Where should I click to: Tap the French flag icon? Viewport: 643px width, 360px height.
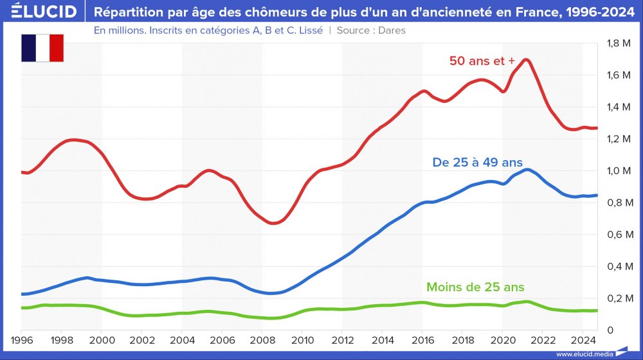(42, 48)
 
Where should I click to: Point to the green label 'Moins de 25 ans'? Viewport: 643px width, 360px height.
(480, 287)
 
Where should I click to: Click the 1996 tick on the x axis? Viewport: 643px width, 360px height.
(22, 339)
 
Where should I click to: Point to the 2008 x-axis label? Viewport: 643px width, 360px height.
(262, 339)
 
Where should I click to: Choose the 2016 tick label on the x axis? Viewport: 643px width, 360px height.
(422, 339)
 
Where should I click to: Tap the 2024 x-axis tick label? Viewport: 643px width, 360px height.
(581, 339)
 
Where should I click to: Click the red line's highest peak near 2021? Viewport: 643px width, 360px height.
(526, 60)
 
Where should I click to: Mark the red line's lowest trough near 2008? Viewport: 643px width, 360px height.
(273, 223)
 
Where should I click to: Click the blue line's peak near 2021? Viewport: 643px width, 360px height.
(527, 170)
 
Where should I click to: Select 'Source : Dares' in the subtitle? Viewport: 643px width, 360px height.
(371, 30)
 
